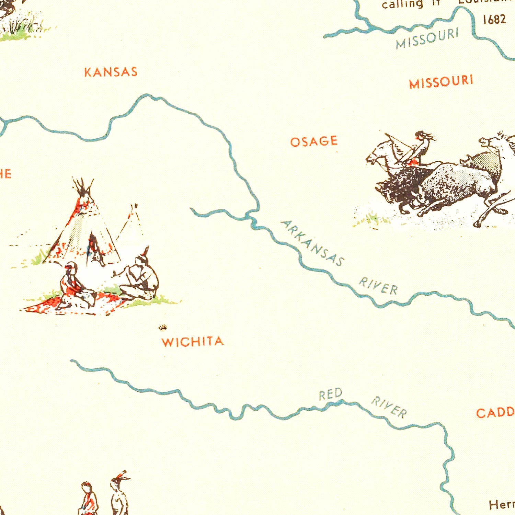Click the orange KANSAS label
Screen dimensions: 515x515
tap(111, 72)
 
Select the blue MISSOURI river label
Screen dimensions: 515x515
tap(427, 38)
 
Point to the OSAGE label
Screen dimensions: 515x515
tap(314, 141)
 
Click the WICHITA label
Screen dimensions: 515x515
tap(193, 342)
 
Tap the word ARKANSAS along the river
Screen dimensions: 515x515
tap(312, 243)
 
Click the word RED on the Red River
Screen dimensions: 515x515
tap(330, 394)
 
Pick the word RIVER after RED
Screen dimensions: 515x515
tap(389, 407)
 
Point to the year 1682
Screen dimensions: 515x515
tap(494, 20)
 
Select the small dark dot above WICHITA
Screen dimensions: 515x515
tap(163, 327)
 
